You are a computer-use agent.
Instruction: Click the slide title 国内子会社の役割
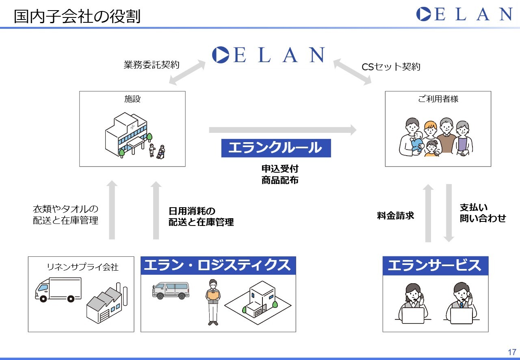coord(77,16)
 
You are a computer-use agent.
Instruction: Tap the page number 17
coord(512,352)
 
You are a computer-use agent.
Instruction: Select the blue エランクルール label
coord(276,148)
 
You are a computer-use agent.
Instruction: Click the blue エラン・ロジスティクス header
coord(218,265)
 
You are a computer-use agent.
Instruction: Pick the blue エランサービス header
coord(435,266)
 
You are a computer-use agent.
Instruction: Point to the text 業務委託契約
coord(152,65)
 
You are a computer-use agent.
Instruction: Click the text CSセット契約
coord(391,67)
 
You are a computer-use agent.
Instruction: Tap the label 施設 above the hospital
coord(132,99)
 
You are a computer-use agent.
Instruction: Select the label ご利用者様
coord(438,99)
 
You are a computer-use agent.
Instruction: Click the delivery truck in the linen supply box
coord(58,290)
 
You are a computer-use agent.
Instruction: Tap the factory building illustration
coord(107,303)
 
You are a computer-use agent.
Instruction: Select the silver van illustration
coord(171,291)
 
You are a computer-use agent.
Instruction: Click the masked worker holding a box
coord(213,302)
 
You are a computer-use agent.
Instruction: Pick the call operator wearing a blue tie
coord(461,303)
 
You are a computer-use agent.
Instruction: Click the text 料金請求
coord(395,215)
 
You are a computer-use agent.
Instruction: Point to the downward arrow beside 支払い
coord(449,213)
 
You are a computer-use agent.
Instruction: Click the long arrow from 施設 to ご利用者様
coord(283,130)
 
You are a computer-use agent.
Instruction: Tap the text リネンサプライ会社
coord(82,267)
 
